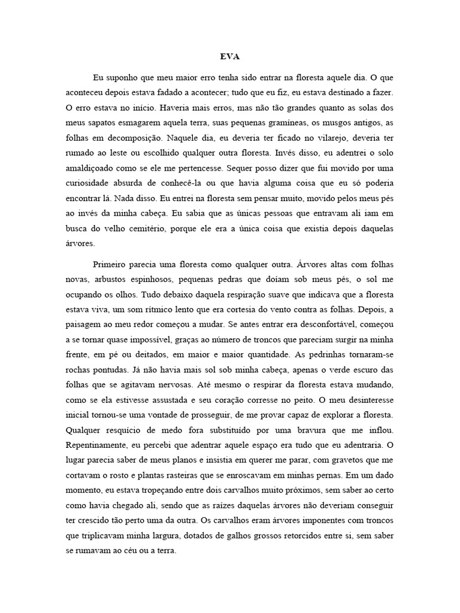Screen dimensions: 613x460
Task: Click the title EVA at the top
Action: pos(230,58)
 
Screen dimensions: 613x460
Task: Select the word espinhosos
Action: pos(155,279)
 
